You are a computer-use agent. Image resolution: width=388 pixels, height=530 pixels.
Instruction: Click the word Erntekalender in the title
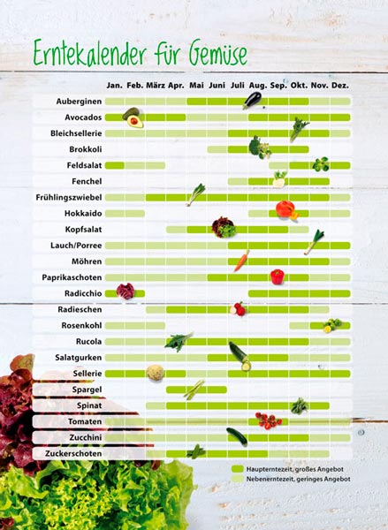[x=90, y=53]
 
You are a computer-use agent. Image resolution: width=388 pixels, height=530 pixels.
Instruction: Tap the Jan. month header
[x=115, y=86]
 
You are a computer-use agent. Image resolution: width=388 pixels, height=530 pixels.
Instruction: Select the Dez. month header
[x=340, y=86]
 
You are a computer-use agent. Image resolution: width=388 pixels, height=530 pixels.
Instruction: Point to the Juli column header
[x=238, y=86]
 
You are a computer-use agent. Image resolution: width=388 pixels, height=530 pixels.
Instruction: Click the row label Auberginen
[x=79, y=102]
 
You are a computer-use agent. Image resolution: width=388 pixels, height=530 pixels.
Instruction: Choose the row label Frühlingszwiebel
[x=69, y=197]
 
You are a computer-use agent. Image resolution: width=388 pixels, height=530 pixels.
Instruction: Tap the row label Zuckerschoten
[x=73, y=454]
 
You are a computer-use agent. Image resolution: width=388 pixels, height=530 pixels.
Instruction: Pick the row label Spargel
[x=87, y=390]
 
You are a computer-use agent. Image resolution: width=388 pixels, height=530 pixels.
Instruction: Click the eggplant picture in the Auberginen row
[x=253, y=101]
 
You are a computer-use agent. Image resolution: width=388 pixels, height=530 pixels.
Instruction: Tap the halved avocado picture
[x=133, y=118]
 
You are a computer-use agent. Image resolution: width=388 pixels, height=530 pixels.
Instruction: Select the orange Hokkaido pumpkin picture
[x=286, y=210]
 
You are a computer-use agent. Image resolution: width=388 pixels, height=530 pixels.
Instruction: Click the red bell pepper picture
[x=278, y=276]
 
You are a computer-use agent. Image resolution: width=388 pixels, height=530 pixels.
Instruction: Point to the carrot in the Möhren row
[x=241, y=261]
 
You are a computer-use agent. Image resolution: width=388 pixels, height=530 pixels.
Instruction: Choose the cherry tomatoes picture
[x=269, y=420]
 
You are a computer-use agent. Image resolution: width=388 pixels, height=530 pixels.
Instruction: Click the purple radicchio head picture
[x=126, y=291]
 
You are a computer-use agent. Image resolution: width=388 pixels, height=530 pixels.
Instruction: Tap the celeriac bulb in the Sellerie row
[x=156, y=373]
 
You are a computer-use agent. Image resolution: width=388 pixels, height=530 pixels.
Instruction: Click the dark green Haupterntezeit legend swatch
[x=238, y=469]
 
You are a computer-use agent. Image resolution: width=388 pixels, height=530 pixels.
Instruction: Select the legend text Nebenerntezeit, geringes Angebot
[x=298, y=479]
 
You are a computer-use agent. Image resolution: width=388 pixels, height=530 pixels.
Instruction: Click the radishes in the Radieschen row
[x=238, y=309]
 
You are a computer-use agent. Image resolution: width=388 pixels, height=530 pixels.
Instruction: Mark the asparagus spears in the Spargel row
[x=194, y=390]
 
